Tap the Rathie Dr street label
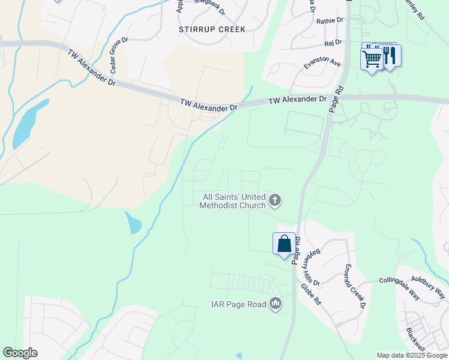click(x=330, y=20)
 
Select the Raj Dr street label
click(x=333, y=43)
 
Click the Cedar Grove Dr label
click(x=118, y=54)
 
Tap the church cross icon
click(x=275, y=200)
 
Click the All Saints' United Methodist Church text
click(x=234, y=201)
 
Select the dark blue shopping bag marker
click(x=284, y=244)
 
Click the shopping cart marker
click(x=372, y=59)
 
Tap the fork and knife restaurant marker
click(x=391, y=55)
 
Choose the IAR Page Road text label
click(x=238, y=305)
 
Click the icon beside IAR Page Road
click(x=276, y=304)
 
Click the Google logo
click(x=20, y=353)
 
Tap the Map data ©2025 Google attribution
click(x=412, y=355)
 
